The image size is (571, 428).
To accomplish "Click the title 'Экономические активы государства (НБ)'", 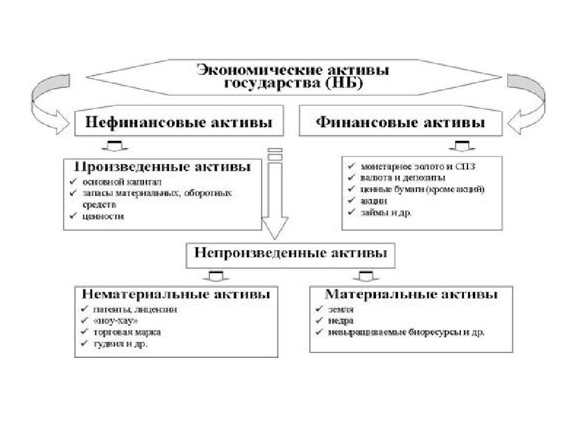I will click(294, 76).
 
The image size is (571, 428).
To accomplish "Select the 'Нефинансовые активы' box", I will click(179, 124).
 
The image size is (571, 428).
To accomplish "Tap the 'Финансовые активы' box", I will click(400, 124).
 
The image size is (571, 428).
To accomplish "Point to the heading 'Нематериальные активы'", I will click(175, 295).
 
